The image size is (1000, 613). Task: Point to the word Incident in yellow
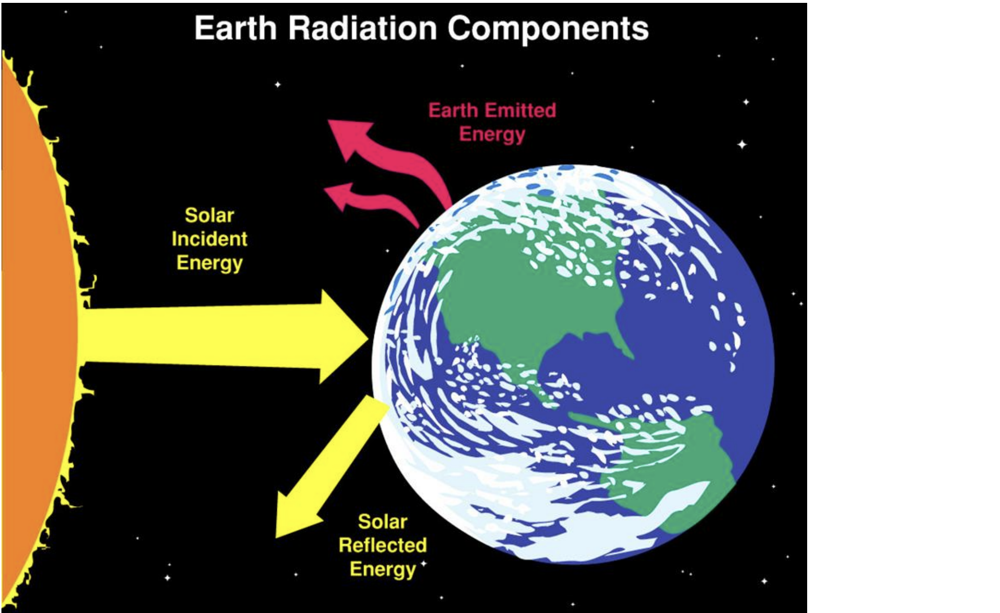(210, 239)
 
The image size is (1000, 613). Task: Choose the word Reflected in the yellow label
(383, 545)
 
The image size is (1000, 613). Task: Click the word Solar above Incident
(210, 215)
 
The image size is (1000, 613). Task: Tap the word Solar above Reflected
(383, 521)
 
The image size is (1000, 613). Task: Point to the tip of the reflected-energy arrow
(276, 538)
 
